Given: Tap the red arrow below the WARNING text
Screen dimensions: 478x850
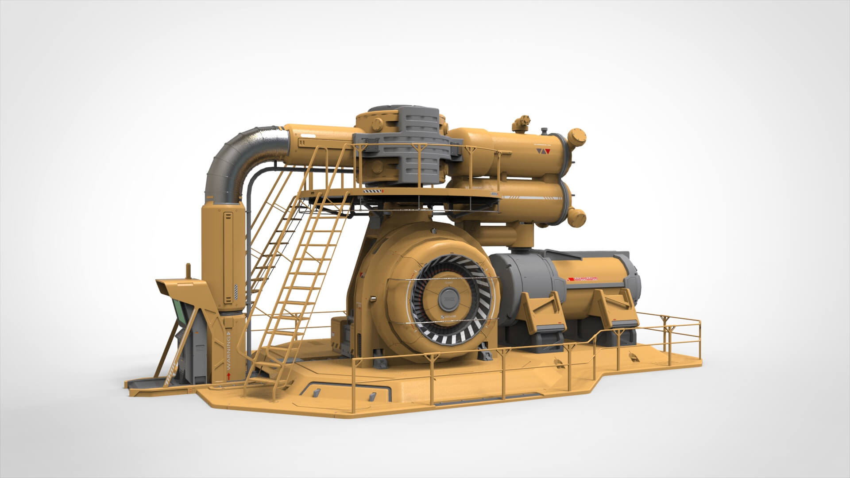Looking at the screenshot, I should [228, 376].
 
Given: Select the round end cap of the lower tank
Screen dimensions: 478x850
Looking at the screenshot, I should [576, 216].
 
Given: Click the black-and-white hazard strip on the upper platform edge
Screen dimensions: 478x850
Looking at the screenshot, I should [371, 191].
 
